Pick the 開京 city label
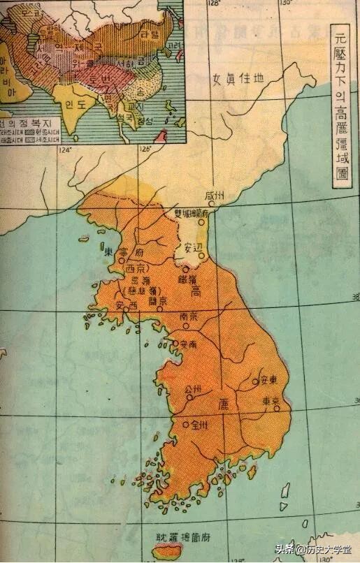[x=158, y=301]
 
